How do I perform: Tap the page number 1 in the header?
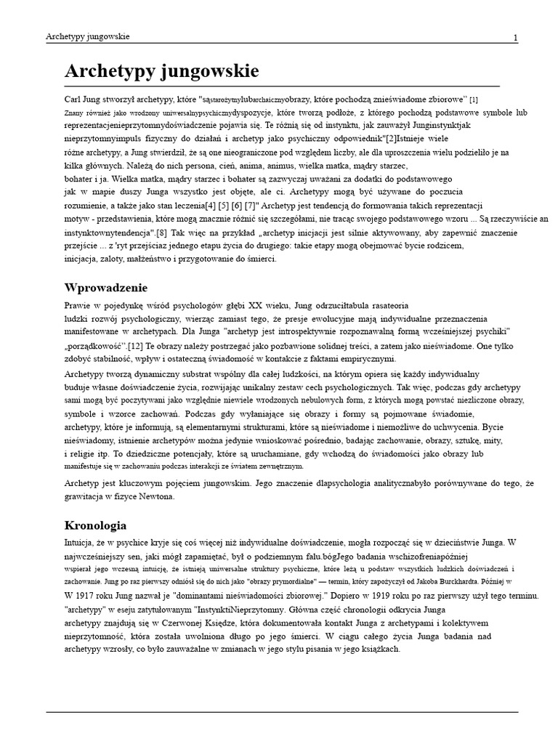(515, 38)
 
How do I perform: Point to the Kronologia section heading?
(96, 525)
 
